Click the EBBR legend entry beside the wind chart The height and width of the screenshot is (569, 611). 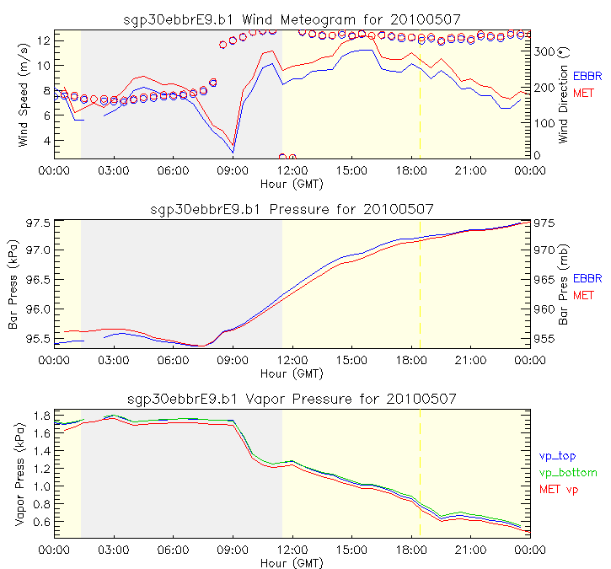[x=587, y=75]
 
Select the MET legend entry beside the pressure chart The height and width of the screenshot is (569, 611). [x=583, y=295]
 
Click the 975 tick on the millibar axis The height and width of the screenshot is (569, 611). [x=544, y=223]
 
